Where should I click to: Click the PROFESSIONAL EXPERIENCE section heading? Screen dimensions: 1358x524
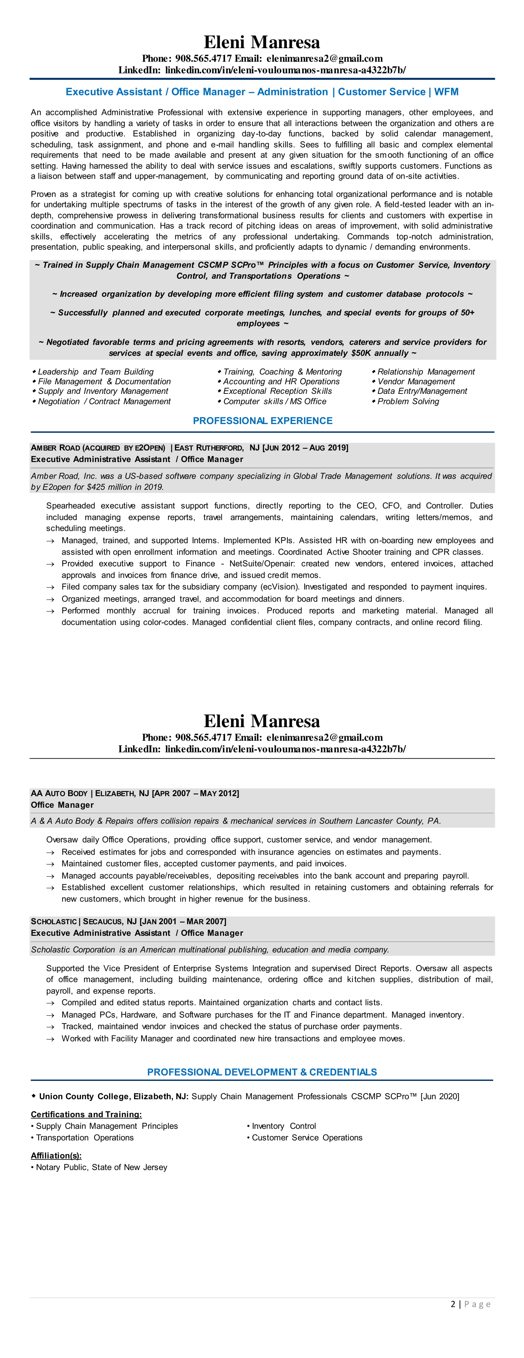262,421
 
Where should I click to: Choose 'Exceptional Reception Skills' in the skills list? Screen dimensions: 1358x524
277,391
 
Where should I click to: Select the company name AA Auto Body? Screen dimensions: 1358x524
59,794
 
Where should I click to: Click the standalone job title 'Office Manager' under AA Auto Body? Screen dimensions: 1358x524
62,805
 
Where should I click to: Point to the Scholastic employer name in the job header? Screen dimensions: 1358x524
54,922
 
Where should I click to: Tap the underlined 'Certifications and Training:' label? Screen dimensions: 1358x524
86,1114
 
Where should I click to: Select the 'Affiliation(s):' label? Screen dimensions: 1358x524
56,1156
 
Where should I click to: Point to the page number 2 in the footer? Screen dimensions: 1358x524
453,1304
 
